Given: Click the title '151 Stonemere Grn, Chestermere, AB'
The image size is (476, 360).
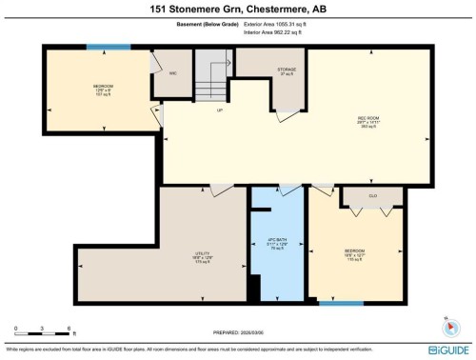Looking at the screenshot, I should coord(237,10).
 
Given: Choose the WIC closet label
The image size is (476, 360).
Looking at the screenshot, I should coord(172,71).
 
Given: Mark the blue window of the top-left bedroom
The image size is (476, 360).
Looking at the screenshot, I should coord(102,47).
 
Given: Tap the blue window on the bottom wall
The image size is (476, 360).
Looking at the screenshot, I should coord(342,303).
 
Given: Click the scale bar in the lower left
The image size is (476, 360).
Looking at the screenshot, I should coord(44,335).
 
